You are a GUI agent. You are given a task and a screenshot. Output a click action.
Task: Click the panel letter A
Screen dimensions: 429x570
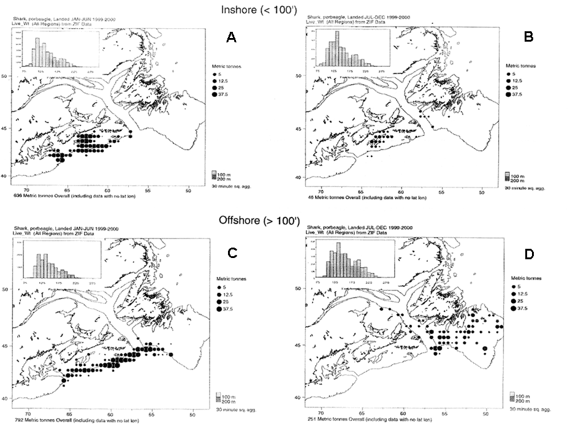(x=231, y=38)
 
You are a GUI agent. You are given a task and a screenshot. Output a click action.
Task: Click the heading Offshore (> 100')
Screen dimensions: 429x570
(x=284, y=219)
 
